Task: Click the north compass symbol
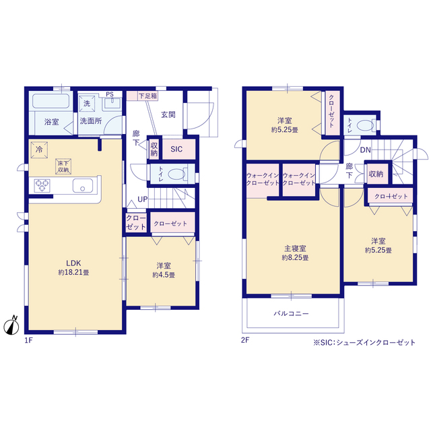click(11, 326)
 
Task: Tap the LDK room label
click(73, 263)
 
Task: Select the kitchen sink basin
click(82, 186)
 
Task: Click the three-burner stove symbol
click(42, 185)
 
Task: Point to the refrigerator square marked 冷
click(39, 150)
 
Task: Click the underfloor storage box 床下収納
click(63, 166)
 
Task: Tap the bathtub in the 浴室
click(51, 101)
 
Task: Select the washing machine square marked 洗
click(87, 103)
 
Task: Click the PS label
click(110, 94)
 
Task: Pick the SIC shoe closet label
click(176, 149)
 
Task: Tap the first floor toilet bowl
click(176, 174)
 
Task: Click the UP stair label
click(142, 199)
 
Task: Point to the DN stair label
click(365, 150)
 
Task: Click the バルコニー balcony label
click(292, 313)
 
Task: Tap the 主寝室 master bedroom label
click(295, 248)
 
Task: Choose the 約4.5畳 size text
click(164, 275)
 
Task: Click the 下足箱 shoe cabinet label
click(147, 96)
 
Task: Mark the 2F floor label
click(245, 340)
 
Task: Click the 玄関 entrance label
click(168, 114)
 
